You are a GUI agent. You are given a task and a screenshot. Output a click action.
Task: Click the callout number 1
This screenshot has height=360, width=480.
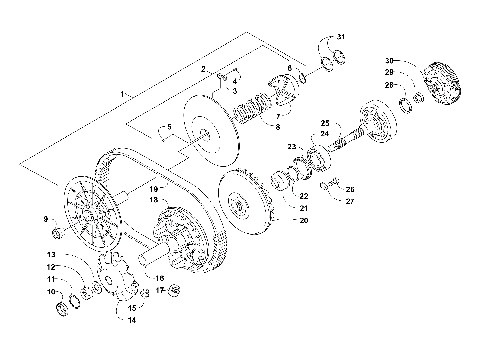(x=122, y=93)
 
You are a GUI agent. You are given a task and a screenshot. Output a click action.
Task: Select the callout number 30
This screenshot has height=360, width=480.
(x=390, y=61)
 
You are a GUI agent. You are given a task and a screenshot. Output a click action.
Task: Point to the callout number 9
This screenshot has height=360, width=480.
(x=45, y=218)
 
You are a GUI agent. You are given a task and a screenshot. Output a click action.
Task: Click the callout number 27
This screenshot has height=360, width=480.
(x=349, y=201)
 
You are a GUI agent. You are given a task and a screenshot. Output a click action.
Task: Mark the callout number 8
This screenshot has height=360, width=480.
(x=278, y=128)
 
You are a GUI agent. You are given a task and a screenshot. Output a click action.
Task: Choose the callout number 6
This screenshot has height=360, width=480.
(x=290, y=68)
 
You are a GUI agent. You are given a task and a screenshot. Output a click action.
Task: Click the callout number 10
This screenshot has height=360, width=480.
(x=51, y=292)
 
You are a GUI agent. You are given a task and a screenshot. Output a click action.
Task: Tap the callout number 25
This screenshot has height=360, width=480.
(x=325, y=123)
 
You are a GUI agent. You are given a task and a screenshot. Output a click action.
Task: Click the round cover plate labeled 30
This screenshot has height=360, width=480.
(x=439, y=84)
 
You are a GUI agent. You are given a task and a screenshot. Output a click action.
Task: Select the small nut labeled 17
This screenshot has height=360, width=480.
(x=175, y=291)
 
